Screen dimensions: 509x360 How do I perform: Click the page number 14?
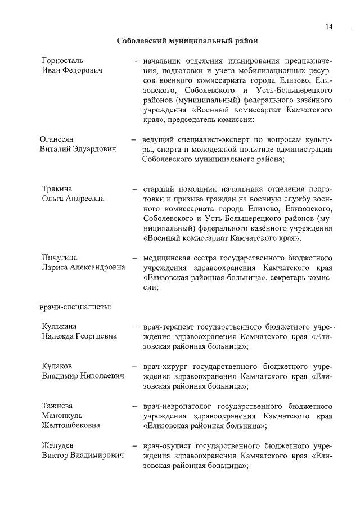329,26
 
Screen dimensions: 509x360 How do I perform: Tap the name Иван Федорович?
71,70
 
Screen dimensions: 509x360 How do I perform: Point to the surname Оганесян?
58,139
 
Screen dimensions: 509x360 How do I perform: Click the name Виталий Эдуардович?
78,149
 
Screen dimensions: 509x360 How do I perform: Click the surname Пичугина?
60,258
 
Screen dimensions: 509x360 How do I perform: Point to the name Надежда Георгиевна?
79,337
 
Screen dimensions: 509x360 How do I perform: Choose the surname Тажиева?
58,406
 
